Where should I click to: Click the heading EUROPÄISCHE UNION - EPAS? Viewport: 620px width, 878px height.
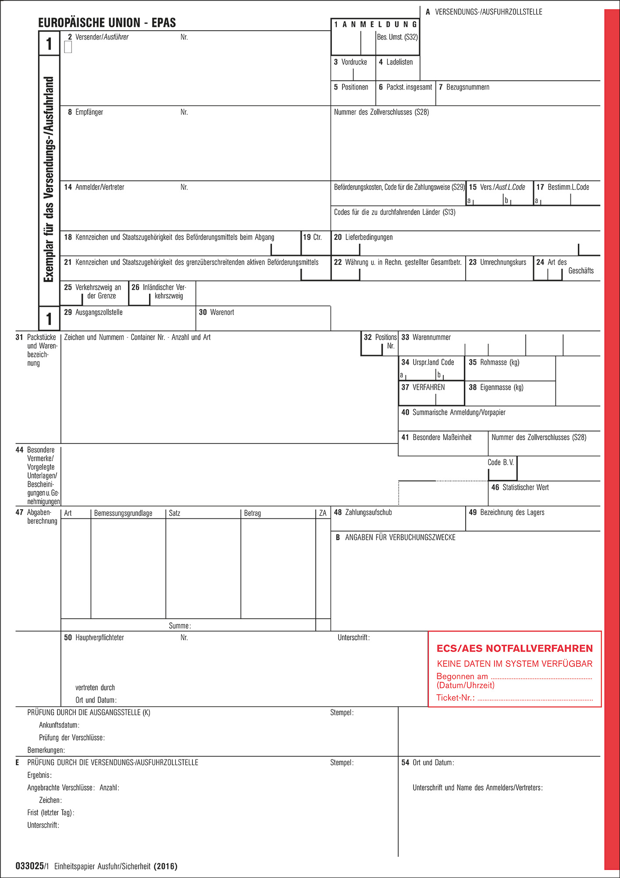[x=107, y=23]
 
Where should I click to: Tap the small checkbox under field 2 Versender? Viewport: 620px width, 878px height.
[x=68, y=47]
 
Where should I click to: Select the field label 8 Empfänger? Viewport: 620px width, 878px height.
[x=86, y=112]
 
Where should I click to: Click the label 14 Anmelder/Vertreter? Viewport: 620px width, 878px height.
[x=94, y=187]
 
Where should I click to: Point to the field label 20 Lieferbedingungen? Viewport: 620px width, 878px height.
[x=363, y=237]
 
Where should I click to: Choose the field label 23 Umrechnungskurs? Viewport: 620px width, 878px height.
[x=498, y=263]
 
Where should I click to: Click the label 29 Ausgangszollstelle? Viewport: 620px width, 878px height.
[x=93, y=313]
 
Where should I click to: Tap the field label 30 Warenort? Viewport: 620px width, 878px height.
[x=217, y=313]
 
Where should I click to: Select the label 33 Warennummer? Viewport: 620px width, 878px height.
[x=426, y=338]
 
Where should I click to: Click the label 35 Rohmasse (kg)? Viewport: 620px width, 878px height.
[x=494, y=363]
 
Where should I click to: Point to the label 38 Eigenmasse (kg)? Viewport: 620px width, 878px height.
[x=496, y=388]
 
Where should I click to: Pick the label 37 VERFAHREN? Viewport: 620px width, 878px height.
[x=423, y=388]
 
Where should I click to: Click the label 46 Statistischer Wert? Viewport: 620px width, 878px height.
[x=520, y=488]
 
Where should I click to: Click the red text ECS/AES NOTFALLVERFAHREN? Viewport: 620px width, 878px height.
[x=515, y=648]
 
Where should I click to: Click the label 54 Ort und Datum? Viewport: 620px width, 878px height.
[x=428, y=763]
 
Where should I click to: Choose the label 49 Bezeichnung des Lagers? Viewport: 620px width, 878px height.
[x=507, y=513]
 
